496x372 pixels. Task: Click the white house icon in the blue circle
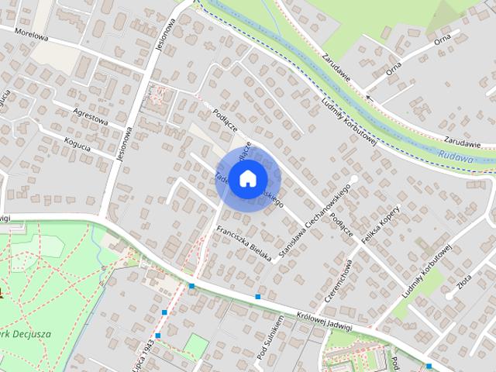[x=247, y=178]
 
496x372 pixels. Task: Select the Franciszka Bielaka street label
[x=243, y=243]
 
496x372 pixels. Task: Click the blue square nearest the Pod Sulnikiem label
[x=257, y=296]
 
